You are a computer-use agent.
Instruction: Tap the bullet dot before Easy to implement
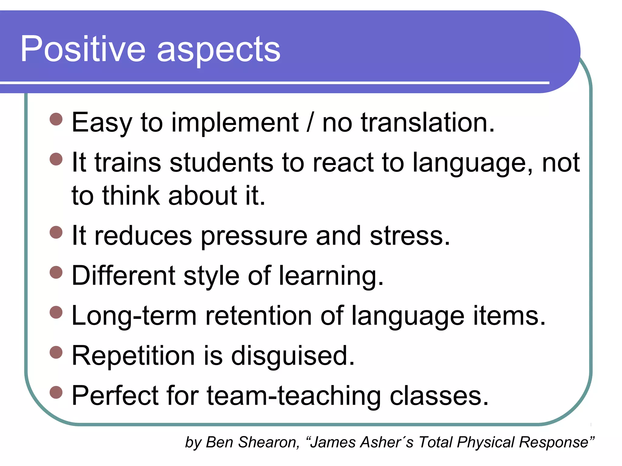pyautogui.click(x=56, y=119)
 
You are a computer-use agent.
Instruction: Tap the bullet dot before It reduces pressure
pyautogui.click(x=56, y=232)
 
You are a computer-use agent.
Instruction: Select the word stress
pyautogui.click(x=410, y=236)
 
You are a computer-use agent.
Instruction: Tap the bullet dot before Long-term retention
pyautogui.click(x=56, y=312)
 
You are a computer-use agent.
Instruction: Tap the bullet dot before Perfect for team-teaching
pyautogui.click(x=56, y=392)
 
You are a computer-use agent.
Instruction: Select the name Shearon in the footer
pyautogui.click(x=268, y=442)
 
